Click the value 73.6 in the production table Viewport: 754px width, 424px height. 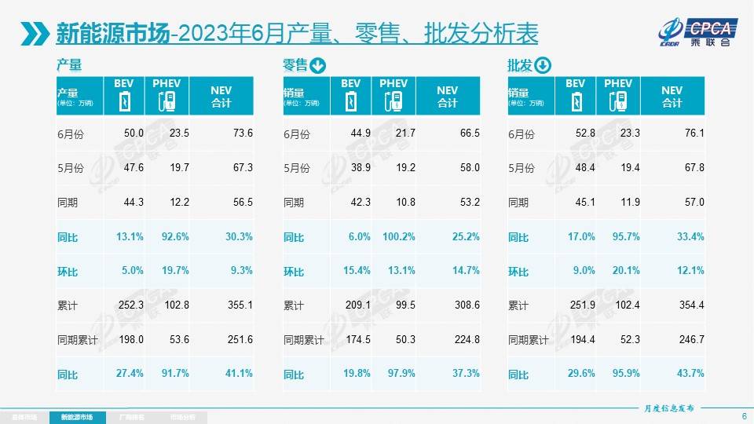(242, 133)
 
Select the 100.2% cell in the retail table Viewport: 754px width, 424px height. (394, 235)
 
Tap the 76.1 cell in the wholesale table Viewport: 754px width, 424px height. (693, 133)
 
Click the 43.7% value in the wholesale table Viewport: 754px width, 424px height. (690, 373)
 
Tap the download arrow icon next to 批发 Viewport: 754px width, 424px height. (543, 65)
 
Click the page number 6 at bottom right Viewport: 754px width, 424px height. (743, 416)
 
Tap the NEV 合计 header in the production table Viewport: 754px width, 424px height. (221, 96)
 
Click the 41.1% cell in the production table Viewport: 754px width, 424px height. (240, 373)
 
